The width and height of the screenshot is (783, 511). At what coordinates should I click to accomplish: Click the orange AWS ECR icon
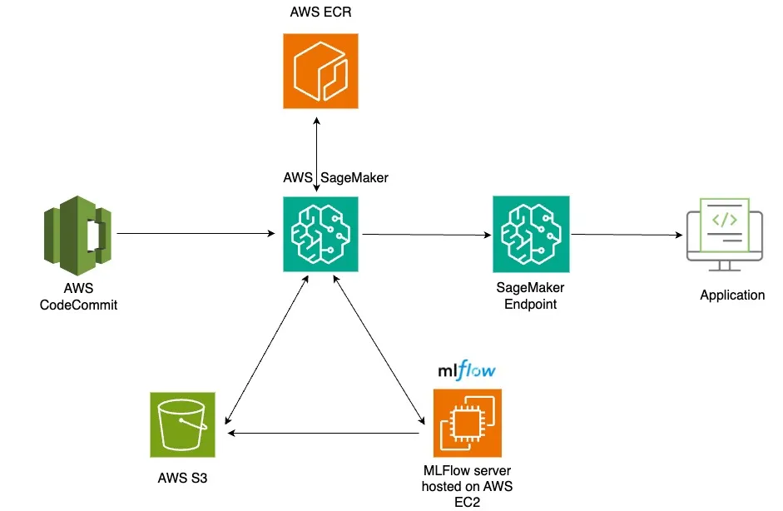[x=320, y=71]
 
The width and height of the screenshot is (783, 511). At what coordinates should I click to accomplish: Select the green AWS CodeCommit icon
[x=77, y=236]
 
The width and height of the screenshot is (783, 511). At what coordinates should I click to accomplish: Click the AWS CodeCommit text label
[x=79, y=297]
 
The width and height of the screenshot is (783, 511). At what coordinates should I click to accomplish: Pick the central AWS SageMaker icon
[x=320, y=235]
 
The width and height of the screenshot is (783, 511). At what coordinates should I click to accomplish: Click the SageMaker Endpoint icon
[x=531, y=235]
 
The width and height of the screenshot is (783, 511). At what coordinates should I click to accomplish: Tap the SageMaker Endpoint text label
[x=531, y=295]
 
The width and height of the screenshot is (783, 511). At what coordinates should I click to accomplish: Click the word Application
[x=731, y=295]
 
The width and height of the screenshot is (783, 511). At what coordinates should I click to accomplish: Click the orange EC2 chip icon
[x=467, y=424]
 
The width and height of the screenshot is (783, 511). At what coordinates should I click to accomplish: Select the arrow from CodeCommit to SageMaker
[x=197, y=235]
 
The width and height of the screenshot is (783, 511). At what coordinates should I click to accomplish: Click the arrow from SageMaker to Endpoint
[x=426, y=235]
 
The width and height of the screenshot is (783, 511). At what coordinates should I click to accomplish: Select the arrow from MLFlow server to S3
[x=325, y=433]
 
